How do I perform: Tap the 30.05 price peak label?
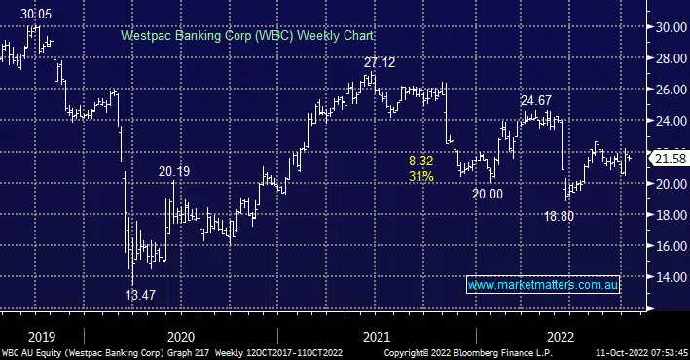36,15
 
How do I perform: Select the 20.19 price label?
175,172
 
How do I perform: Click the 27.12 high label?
381,62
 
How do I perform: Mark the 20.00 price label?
487,194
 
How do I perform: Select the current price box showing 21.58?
667,159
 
